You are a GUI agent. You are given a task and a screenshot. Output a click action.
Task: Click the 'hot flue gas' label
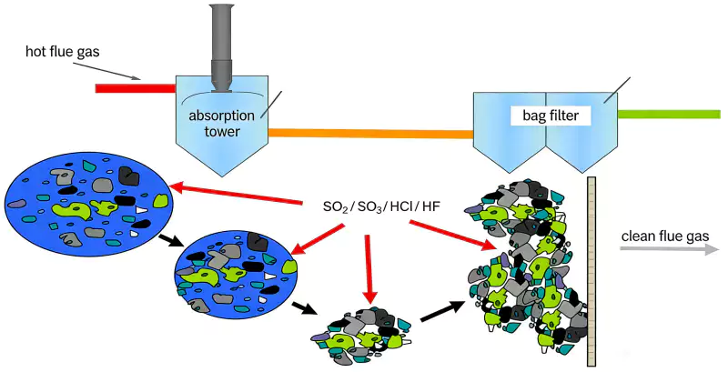click(x=61, y=48)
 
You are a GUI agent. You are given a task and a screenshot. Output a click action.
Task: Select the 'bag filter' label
click(x=557, y=116)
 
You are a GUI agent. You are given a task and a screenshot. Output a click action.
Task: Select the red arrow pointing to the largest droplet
click(x=238, y=194)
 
